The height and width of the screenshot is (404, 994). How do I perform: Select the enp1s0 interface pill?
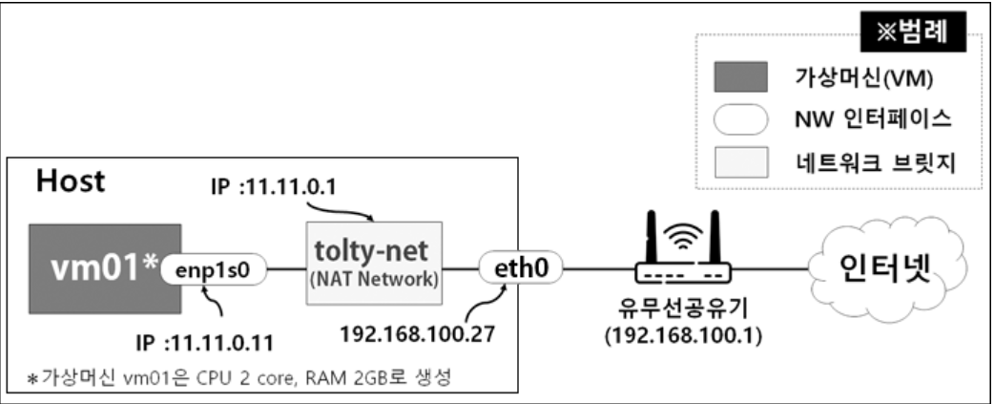(x=211, y=270)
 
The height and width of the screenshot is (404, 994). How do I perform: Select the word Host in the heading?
(x=71, y=181)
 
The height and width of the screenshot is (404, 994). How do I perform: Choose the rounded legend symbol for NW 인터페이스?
(x=740, y=120)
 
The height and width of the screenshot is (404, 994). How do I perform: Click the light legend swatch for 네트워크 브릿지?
(x=740, y=162)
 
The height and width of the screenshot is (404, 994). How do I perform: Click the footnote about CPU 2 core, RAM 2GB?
(x=234, y=377)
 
